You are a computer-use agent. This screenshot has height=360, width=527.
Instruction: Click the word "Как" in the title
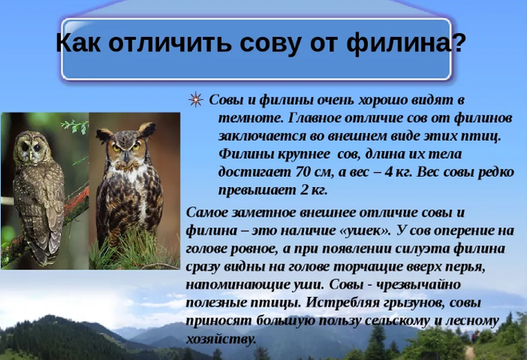78,42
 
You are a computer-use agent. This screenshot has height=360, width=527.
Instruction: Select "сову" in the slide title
269,44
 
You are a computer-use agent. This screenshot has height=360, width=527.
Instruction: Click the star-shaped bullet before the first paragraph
195,99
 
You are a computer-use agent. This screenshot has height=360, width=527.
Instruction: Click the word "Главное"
313,118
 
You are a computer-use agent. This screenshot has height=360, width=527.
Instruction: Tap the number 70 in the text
303,172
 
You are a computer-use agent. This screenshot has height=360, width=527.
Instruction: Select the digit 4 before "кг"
389,172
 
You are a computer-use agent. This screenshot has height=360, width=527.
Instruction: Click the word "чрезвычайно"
418,285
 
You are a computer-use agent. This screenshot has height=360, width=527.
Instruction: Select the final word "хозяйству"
221,339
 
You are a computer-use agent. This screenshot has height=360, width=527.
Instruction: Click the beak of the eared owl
126,157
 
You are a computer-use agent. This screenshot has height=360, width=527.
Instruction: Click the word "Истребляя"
341,303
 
